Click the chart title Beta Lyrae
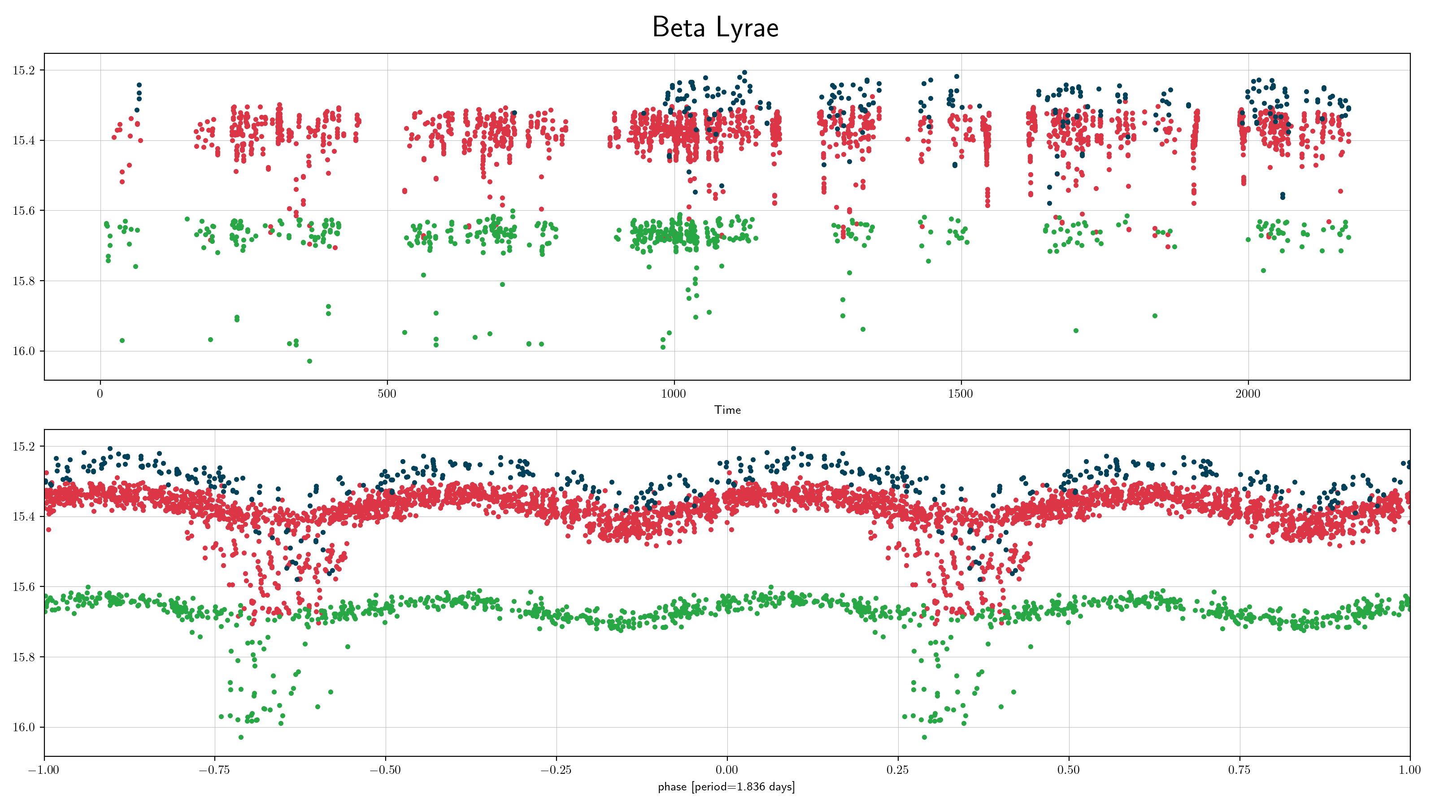point(715,27)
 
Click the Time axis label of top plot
point(727,410)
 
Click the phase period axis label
point(726,787)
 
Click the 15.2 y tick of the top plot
point(23,70)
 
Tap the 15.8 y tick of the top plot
point(23,281)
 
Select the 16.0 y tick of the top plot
point(23,351)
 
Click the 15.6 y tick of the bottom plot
point(23,586)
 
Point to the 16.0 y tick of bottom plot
point(23,727)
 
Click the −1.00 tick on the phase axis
point(44,770)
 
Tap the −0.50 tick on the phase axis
point(386,770)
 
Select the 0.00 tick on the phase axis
point(727,770)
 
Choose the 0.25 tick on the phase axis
point(897,770)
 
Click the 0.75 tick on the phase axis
point(1239,770)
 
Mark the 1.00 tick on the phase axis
point(1410,770)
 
